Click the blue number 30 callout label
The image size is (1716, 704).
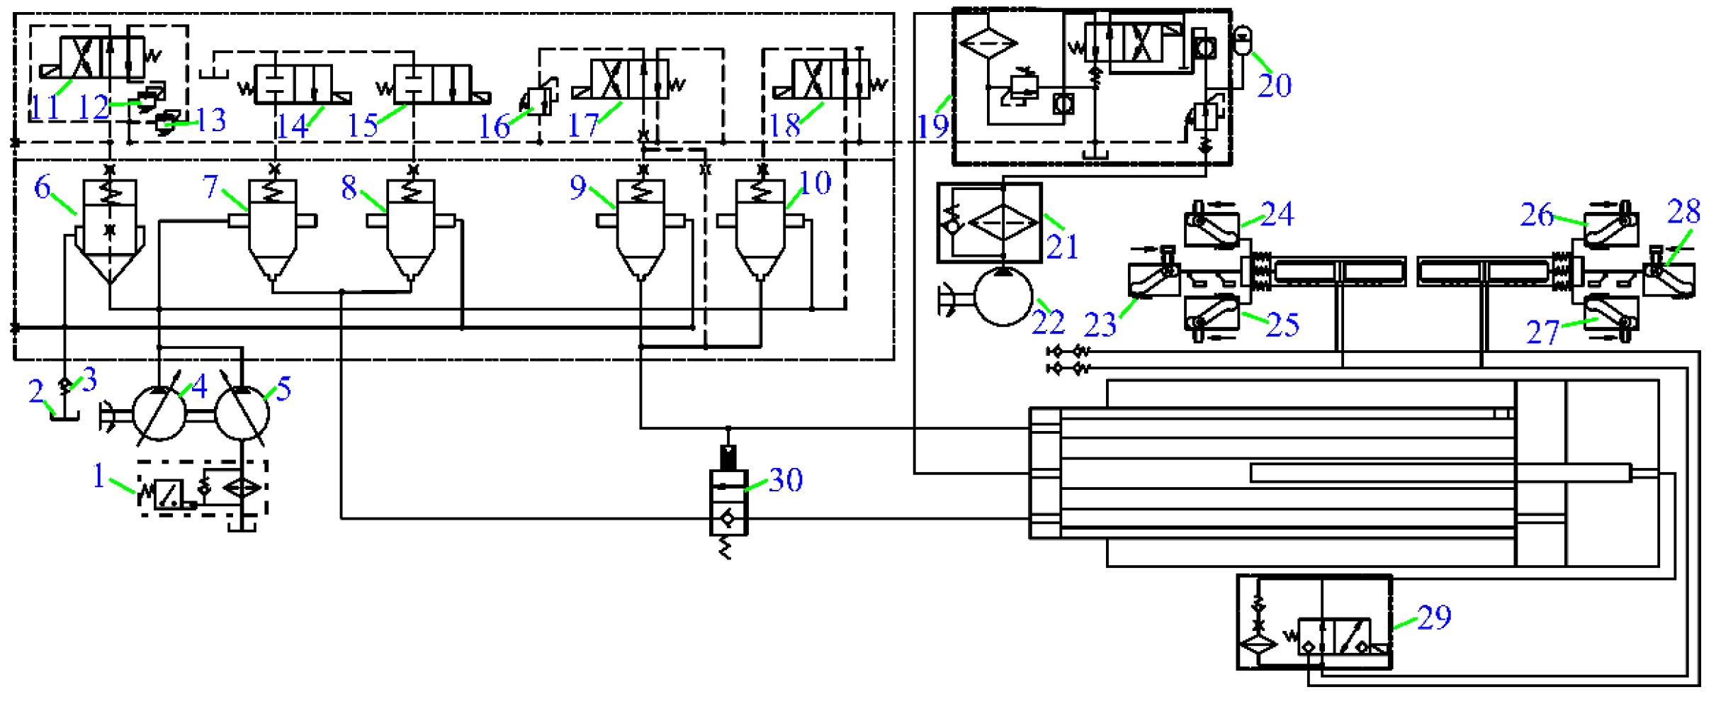[786, 481]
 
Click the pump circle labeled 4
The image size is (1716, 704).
[160, 412]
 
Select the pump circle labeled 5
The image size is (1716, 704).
[242, 412]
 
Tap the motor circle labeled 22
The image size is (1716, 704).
[1003, 297]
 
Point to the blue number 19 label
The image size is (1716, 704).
[932, 126]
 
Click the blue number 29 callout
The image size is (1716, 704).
[1435, 618]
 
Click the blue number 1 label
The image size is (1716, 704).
[98, 475]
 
